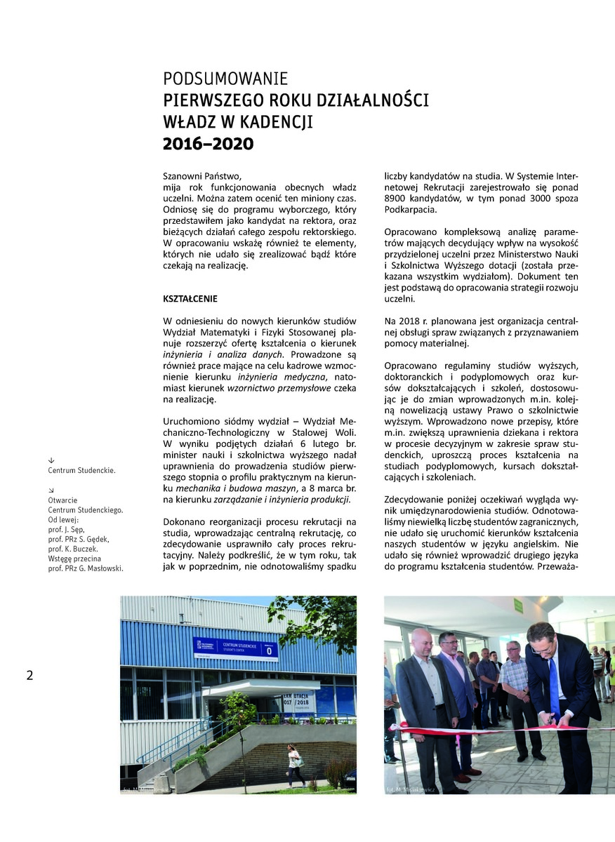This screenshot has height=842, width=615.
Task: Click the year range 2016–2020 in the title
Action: click(x=209, y=145)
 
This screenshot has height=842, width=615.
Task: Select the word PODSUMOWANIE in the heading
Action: click(x=225, y=79)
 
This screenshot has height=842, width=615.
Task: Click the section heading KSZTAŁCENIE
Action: click(x=190, y=298)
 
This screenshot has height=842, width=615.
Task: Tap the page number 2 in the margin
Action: click(x=29, y=676)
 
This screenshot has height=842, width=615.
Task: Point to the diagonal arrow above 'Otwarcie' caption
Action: click(x=51, y=490)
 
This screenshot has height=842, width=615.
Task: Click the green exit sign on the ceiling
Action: click(x=518, y=605)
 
